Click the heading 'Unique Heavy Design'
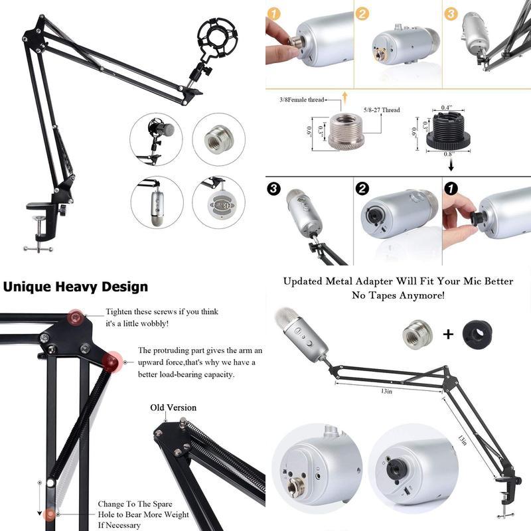point(75,287)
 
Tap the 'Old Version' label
point(173,408)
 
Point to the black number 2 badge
point(362,189)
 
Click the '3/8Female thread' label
point(301,100)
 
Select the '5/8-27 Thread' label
point(382,110)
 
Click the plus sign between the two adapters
point(448,334)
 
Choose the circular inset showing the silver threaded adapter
point(219,139)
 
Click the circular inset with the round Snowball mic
point(219,202)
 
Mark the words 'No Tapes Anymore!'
point(398,295)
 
